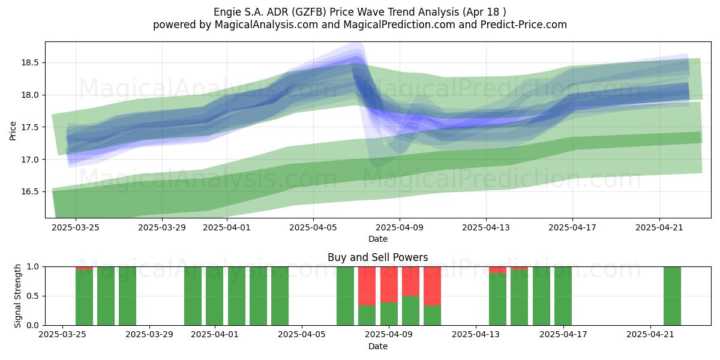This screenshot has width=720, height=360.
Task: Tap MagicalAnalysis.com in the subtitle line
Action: pyautogui.click(x=266, y=25)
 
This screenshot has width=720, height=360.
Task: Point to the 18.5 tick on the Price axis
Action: pyautogui.click(x=30, y=62)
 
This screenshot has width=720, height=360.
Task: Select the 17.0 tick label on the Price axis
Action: pyautogui.click(x=30, y=160)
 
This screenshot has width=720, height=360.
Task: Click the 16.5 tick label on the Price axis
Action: pyautogui.click(x=30, y=192)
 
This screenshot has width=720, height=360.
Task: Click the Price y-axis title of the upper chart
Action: pyautogui.click(x=13, y=131)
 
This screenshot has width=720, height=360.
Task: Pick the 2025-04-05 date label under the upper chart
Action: pyautogui.click(x=313, y=227)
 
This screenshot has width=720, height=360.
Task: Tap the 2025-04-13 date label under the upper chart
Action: pyautogui.click(x=486, y=227)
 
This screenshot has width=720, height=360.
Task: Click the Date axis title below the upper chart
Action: pyautogui.click(x=378, y=239)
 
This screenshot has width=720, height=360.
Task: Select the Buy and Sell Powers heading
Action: pyautogui.click(x=377, y=257)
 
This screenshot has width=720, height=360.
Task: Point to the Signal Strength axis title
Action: pyautogui.click(x=17, y=296)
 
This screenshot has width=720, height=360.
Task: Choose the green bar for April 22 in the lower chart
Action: pyautogui.click(x=672, y=296)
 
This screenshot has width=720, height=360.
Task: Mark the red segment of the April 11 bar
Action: pyautogui.click(x=433, y=286)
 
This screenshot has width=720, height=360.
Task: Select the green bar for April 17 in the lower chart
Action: pyautogui.click(x=563, y=296)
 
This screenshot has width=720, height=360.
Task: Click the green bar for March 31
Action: pyautogui.click(x=193, y=296)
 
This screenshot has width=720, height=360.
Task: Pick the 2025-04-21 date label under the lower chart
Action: pyautogui.click(x=650, y=335)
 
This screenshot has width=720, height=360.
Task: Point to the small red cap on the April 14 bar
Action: pyautogui.click(x=497, y=270)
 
